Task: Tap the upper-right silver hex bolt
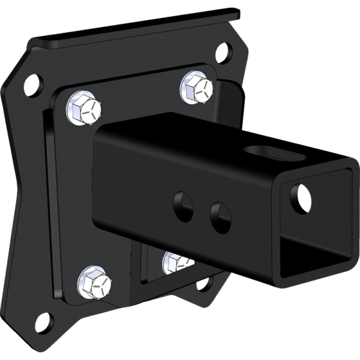(197, 87)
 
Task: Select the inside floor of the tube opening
(312, 258)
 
